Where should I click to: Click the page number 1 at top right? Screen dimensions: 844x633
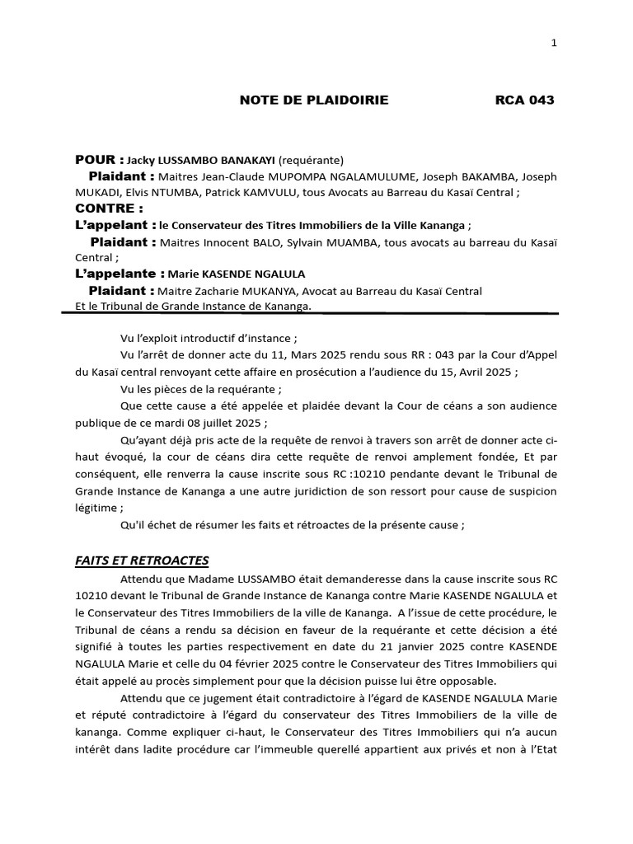[x=554, y=43]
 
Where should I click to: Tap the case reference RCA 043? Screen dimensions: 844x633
[x=524, y=101]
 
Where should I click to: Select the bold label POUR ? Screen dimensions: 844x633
[x=99, y=160]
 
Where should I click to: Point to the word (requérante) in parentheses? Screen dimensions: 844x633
[x=311, y=161]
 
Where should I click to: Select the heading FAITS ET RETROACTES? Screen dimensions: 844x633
[x=142, y=560]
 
